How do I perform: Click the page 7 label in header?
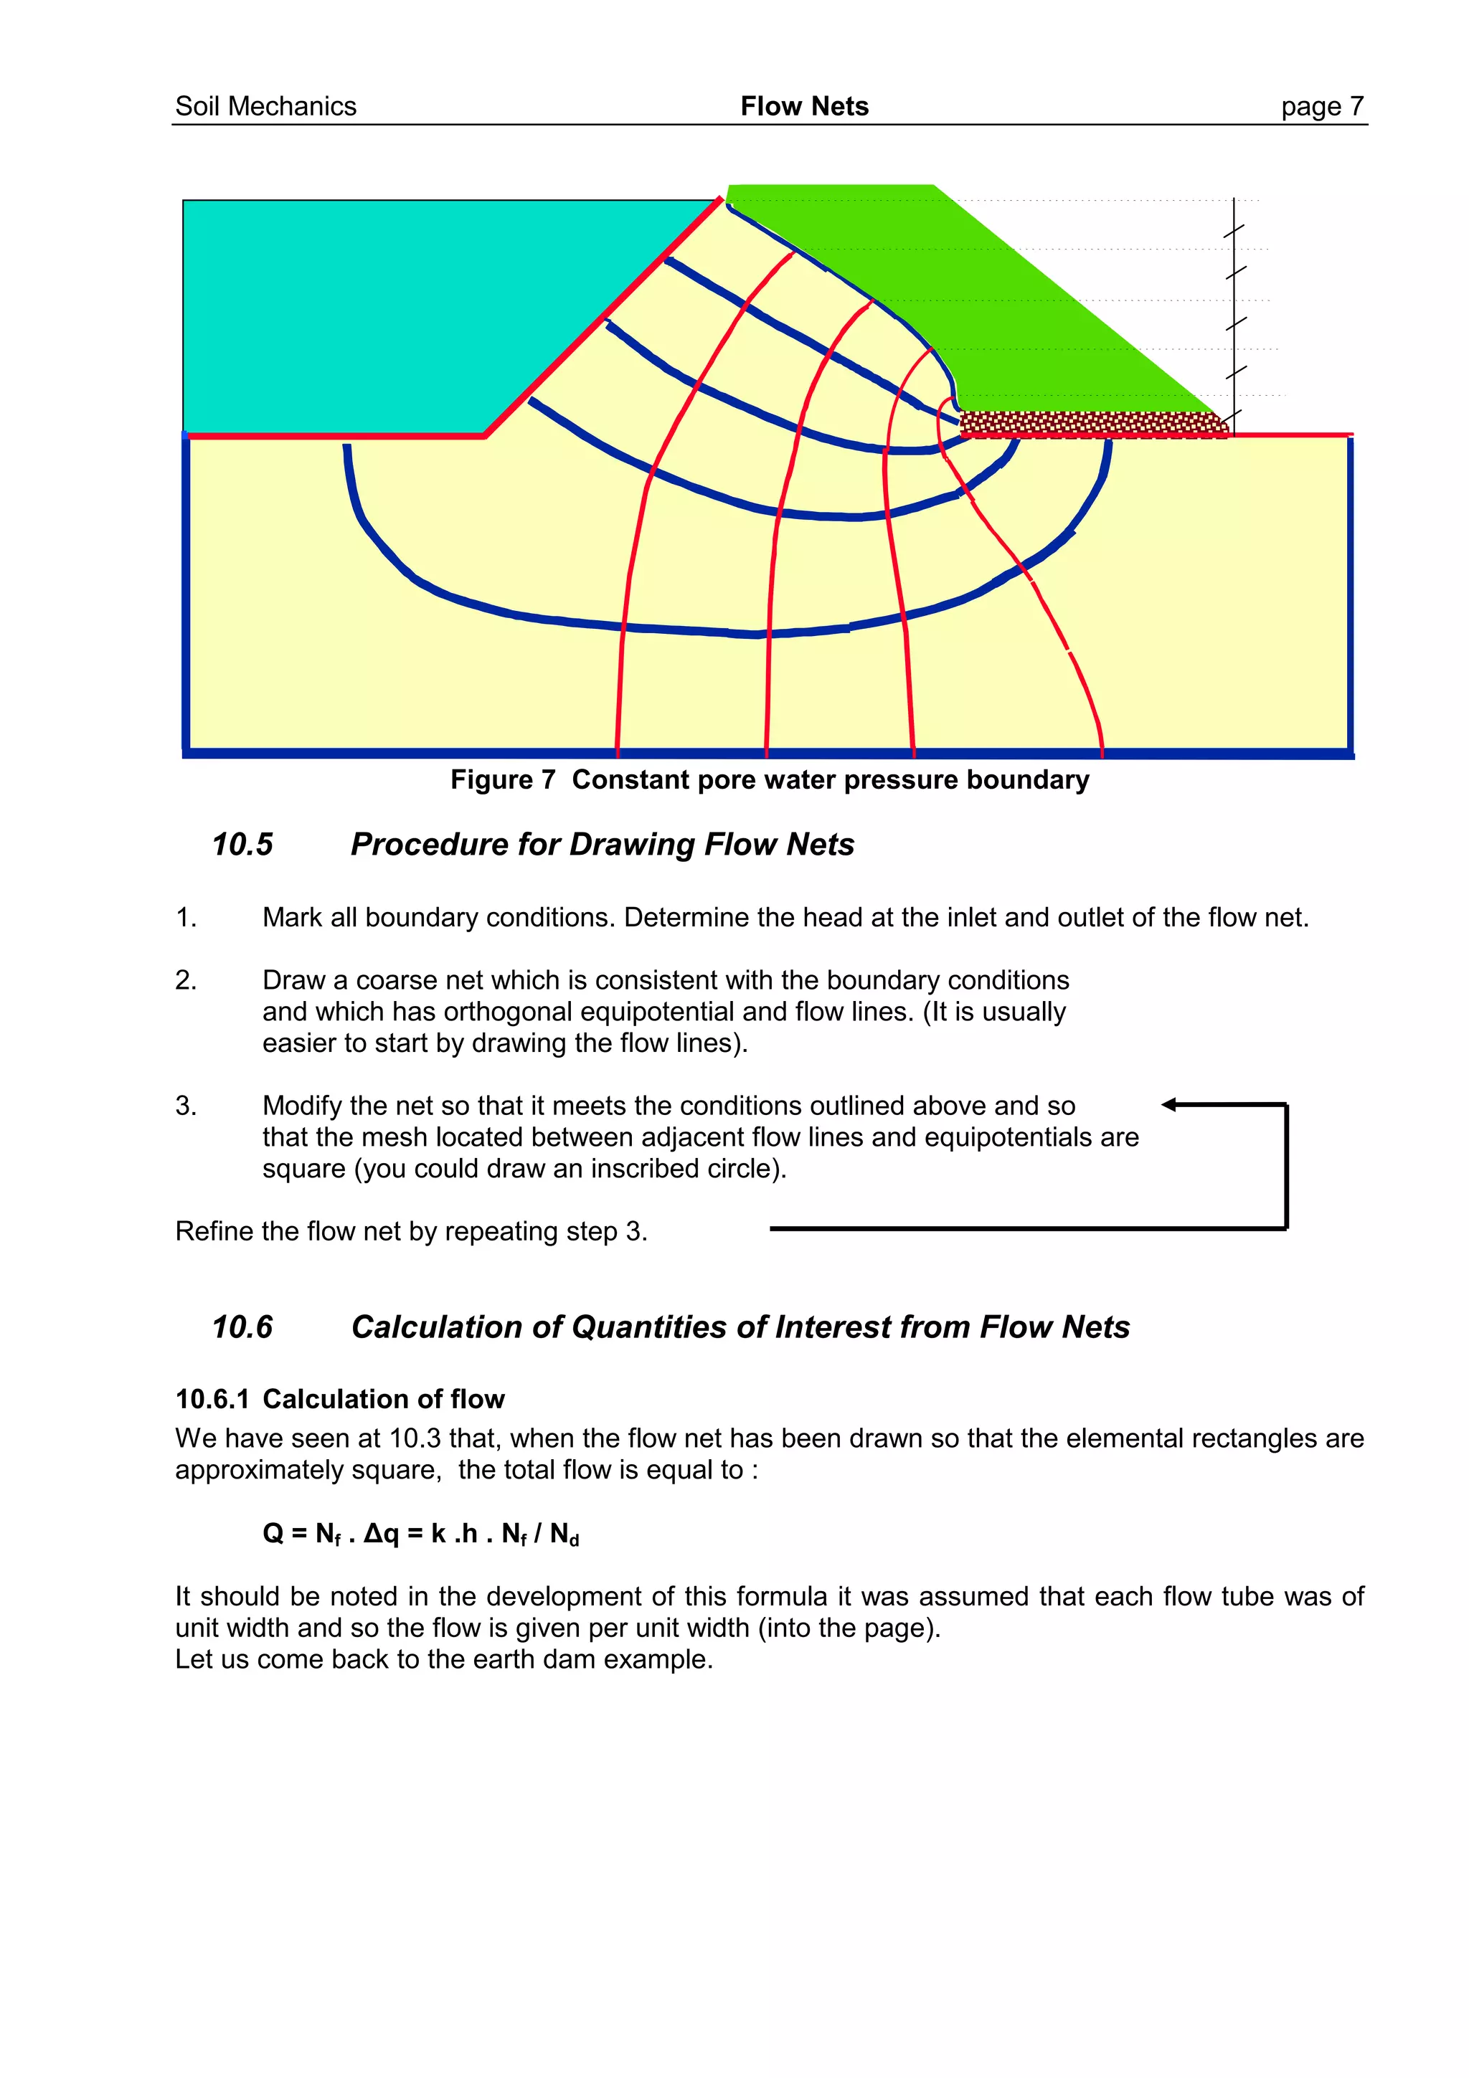[x=1321, y=107]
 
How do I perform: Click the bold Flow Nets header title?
[x=804, y=107]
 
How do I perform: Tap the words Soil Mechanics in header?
[x=265, y=107]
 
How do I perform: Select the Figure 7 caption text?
[x=770, y=779]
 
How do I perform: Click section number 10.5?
[x=242, y=845]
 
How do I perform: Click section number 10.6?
[x=242, y=1327]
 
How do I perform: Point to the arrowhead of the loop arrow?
[x=1169, y=1104]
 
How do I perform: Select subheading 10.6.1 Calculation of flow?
[x=339, y=1399]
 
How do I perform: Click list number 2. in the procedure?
[x=186, y=980]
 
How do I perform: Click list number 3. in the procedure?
[x=186, y=1106]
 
